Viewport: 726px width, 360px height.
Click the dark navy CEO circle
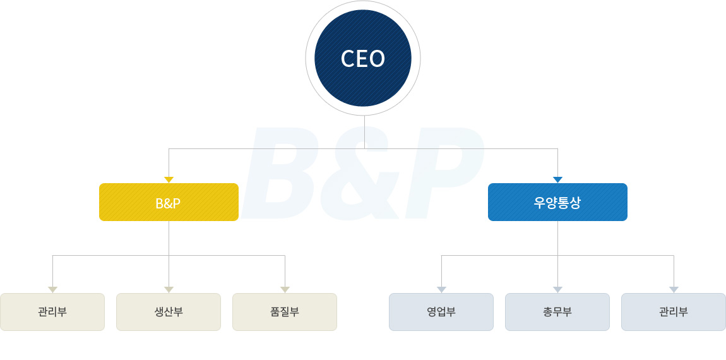click(x=363, y=58)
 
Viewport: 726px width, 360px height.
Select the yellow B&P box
click(x=169, y=202)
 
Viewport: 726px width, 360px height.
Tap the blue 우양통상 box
click(x=557, y=202)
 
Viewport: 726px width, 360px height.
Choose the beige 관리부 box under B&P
click(x=52, y=312)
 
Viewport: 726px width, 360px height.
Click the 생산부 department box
click(x=169, y=312)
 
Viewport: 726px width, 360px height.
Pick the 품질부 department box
click(x=285, y=312)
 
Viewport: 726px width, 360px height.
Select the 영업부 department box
click(x=441, y=312)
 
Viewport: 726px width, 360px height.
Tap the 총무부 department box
click(x=557, y=312)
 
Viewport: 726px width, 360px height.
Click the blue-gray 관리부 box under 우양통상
click(x=674, y=312)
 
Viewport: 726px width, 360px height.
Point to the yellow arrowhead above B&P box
click(x=169, y=180)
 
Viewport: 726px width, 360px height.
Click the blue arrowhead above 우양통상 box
click(x=557, y=180)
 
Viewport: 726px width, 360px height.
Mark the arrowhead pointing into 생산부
click(x=169, y=289)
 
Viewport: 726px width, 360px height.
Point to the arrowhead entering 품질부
click(x=285, y=289)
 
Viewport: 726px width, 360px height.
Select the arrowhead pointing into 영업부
click(x=441, y=289)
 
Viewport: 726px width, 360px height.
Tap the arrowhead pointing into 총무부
click(x=557, y=289)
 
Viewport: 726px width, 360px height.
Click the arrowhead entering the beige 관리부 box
click(x=52, y=289)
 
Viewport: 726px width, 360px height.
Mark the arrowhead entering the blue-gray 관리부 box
click(x=674, y=289)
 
